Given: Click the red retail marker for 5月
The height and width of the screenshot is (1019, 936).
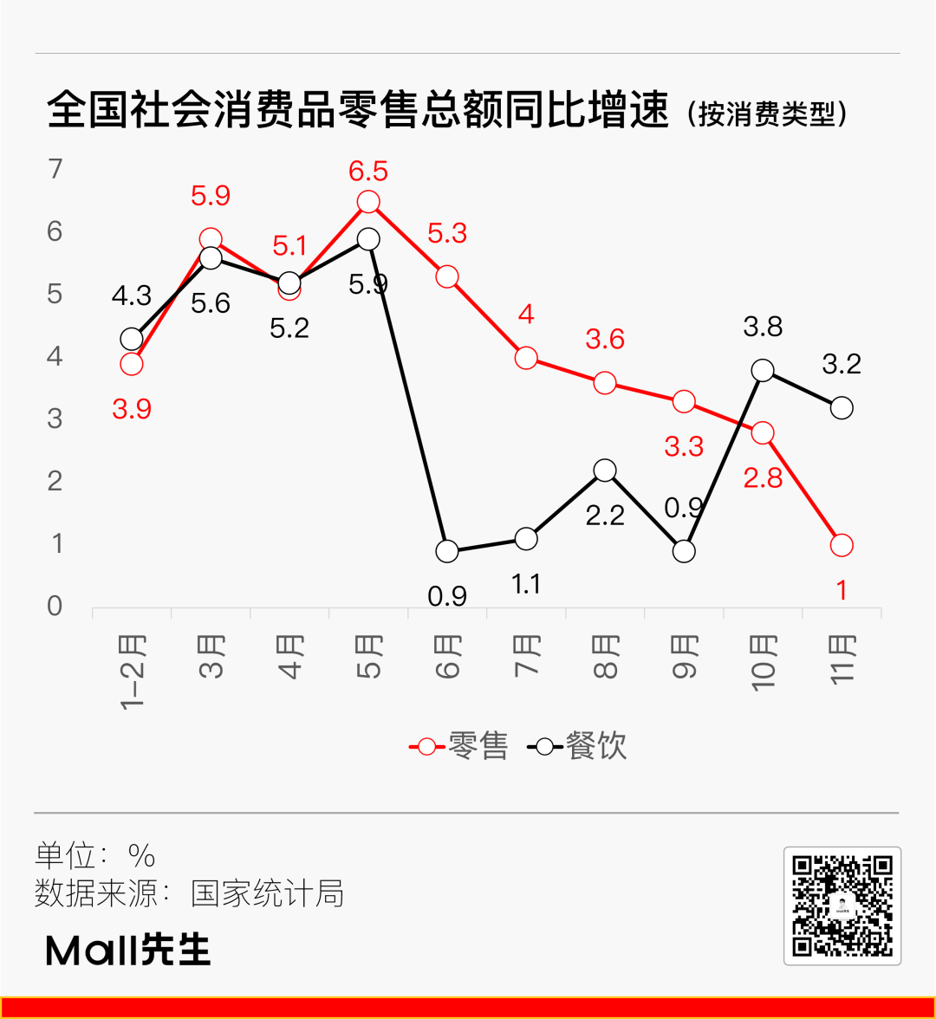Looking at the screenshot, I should point(368,202).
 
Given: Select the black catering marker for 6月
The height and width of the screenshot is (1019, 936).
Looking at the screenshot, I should point(447,551).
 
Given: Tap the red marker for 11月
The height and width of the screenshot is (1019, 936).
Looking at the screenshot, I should point(842,545).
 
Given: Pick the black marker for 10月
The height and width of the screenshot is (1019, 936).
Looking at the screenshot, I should point(763,371).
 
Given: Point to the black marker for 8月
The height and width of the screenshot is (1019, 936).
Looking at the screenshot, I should point(605,471).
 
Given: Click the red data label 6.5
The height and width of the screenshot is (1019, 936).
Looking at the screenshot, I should point(368,171).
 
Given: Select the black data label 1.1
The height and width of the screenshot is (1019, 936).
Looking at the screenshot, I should point(526,585).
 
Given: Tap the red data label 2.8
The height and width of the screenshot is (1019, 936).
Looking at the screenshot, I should point(763,477).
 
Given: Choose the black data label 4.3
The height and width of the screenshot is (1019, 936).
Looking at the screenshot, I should point(132,296).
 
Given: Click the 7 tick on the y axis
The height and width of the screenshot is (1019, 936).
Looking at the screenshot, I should point(56,169).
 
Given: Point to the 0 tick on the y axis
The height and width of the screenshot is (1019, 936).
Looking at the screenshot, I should point(56,607).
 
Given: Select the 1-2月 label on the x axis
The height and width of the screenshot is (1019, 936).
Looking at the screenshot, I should point(133,672).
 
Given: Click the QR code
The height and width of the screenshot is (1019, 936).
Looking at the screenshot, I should point(842,905).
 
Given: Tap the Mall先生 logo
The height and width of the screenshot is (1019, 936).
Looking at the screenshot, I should point(128,950).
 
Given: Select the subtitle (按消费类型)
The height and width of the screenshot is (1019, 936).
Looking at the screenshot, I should point(766,114).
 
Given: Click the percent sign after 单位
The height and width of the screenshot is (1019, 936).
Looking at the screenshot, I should point(141,856).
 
